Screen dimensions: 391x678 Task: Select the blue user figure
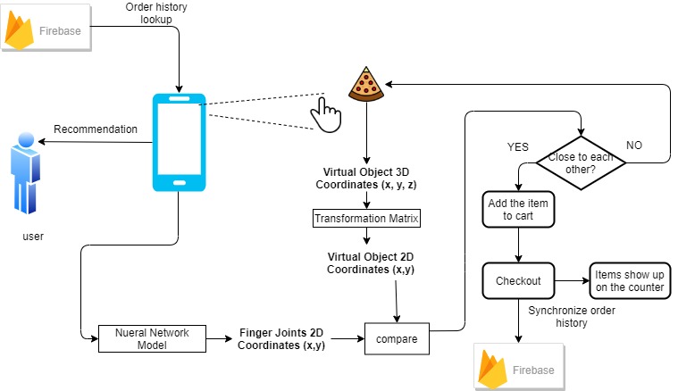[25, 175]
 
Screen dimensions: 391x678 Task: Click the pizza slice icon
[366, 85]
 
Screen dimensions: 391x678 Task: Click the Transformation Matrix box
[366, 218]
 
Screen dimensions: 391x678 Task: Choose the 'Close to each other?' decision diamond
[581, 162]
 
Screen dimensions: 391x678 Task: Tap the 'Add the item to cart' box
[519, 210]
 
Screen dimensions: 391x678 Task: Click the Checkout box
[518, 280]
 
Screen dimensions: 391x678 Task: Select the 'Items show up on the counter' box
[629, 280]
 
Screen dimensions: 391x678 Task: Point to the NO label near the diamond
[632, 145]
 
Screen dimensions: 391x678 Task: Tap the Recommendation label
[96, 129]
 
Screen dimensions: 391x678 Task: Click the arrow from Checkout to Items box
[571, 280]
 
